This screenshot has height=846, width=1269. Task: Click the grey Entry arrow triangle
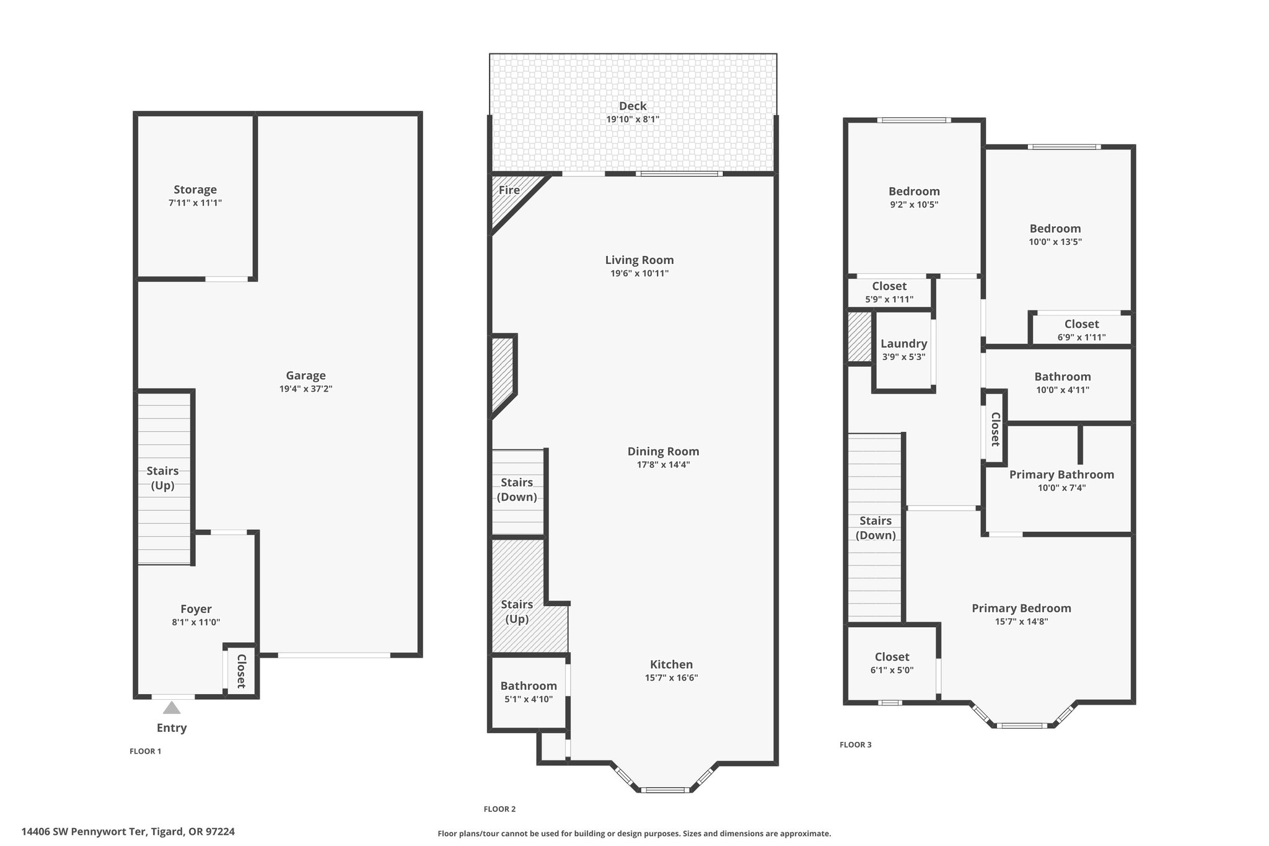coord(172,708)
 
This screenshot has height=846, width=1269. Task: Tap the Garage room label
coord(305,376)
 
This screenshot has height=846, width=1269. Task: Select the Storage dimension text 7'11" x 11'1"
coord(195,203)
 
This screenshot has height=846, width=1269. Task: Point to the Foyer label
coord(196,609)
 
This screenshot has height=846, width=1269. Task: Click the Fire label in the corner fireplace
coord(509,190)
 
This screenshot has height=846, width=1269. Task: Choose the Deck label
coord(633,106)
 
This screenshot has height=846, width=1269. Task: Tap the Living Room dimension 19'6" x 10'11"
coord(639,273)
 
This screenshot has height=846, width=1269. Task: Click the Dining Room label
coord(663,451)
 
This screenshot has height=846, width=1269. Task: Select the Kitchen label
coord(671,664)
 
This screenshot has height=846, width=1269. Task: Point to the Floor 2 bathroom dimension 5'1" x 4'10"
coord(529,699)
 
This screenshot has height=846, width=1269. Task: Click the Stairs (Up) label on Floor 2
coord(517,611)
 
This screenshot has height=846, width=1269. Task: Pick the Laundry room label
coord(904,344)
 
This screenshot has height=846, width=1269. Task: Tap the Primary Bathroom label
coord(1061,475)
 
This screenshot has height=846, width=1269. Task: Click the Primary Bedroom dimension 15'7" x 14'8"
coord(1021,622)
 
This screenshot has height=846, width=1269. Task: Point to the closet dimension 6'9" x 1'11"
coord(1081,337)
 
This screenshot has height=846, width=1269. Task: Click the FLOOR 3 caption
coord(855,745)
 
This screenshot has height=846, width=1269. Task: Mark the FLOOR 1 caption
coord(145,751)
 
